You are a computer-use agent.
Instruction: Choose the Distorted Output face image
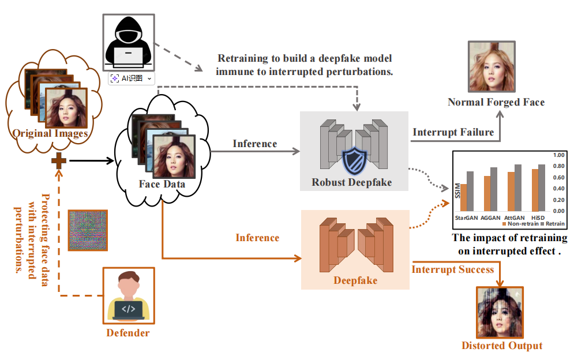click(x=500, y=313)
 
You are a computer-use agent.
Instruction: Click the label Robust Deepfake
click(x=351, y=182)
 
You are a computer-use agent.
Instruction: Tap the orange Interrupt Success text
click(x=452, y=269)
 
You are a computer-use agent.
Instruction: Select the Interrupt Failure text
click(x=453, y=132)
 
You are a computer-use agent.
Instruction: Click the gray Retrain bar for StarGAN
click(x=470, y=192)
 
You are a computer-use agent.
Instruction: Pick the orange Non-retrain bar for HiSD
click(x=535, y=190)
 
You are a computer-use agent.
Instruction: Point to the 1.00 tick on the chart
click(x=558, y=155)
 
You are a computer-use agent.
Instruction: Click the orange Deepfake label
click(x=355, y=280)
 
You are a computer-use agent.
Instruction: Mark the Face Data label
click(x=162, y=185)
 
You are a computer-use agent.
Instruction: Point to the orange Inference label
click(x=257, y=237)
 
